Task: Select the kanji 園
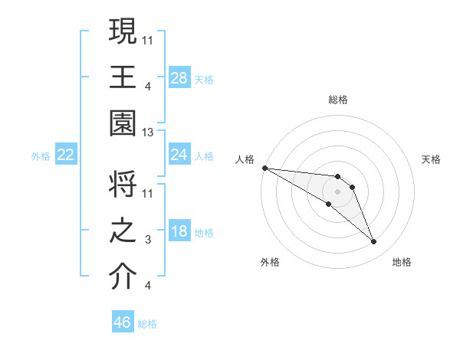click(123, 123)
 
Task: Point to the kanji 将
click(123, 185)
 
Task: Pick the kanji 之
click(123, 231)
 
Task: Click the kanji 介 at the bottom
click(123, 277)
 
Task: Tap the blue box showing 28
click(179, 78)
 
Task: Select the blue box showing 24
click(179, 155)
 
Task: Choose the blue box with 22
click(66, 155)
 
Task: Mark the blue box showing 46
click(123, 322)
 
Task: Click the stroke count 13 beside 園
click(149, 133)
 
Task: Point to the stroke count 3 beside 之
click(149, 240)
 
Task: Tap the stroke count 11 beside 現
click(149, 39)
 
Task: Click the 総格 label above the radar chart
click(338, 100)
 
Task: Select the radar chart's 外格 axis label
click(269, 262)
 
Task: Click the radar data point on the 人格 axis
click(264, 168)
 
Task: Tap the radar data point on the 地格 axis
click(374, 242)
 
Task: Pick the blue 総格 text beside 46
click(147, 324)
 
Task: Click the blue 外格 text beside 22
click(41, 156)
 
